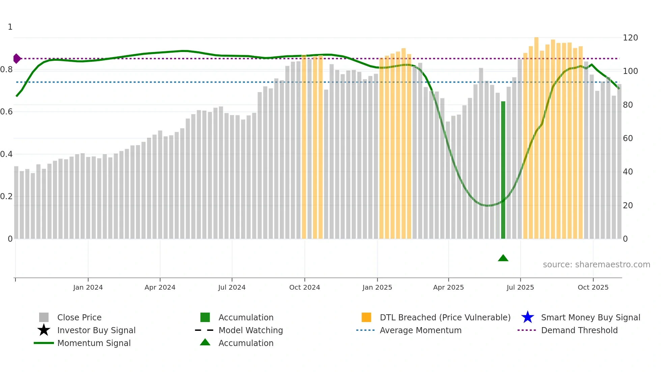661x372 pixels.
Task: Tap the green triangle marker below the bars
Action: [x=503, y=258]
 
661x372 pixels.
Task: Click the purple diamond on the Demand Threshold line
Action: [x=17, y=59]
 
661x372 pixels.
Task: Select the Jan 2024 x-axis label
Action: [x=88, y=287]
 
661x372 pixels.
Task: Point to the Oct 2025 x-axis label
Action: [x=593, y=287]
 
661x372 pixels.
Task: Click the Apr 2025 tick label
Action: [x=448, y=287]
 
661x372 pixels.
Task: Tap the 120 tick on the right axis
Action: [x=630, y=37]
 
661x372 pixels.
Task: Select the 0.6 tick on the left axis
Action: [x=6, y=111]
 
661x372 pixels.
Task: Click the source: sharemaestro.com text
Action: [x=596, y=264]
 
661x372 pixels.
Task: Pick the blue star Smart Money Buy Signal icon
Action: [x=527, y=317]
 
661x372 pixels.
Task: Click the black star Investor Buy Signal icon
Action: [x=44, y=330]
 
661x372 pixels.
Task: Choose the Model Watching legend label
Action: [x=251, y=330]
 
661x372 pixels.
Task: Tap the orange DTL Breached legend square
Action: [x=366, y=317]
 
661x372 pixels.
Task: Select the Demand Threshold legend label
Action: [x=579, y=330]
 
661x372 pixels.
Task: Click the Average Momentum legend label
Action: [x=420, y=330]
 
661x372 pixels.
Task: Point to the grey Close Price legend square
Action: [x=44, y=317]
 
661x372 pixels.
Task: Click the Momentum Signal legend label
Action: [x=94, y=343]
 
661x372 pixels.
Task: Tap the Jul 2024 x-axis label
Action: [x=232, y=287]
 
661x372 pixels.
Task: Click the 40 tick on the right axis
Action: [x=628, y=171]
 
